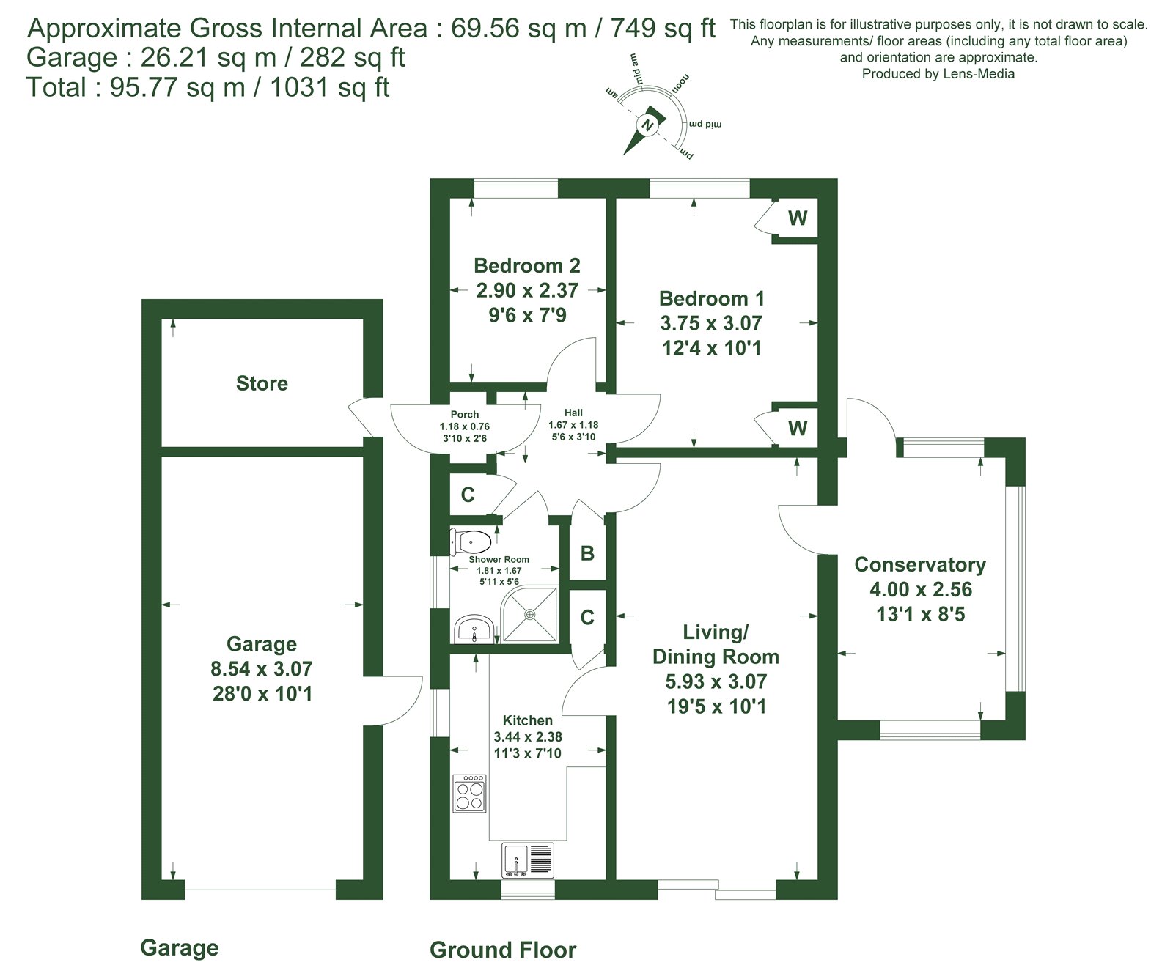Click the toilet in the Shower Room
471,542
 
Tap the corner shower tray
529,613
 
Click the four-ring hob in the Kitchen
470,793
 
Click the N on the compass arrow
647,125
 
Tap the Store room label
262,383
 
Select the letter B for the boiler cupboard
587,553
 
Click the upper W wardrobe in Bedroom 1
798,218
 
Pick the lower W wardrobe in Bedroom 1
798,428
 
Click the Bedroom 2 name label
526,265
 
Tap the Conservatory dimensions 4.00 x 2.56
921,589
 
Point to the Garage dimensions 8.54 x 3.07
262,668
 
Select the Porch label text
465,415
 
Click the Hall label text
573,413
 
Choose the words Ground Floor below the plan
503,950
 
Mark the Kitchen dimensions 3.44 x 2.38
528,736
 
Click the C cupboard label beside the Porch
468,495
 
